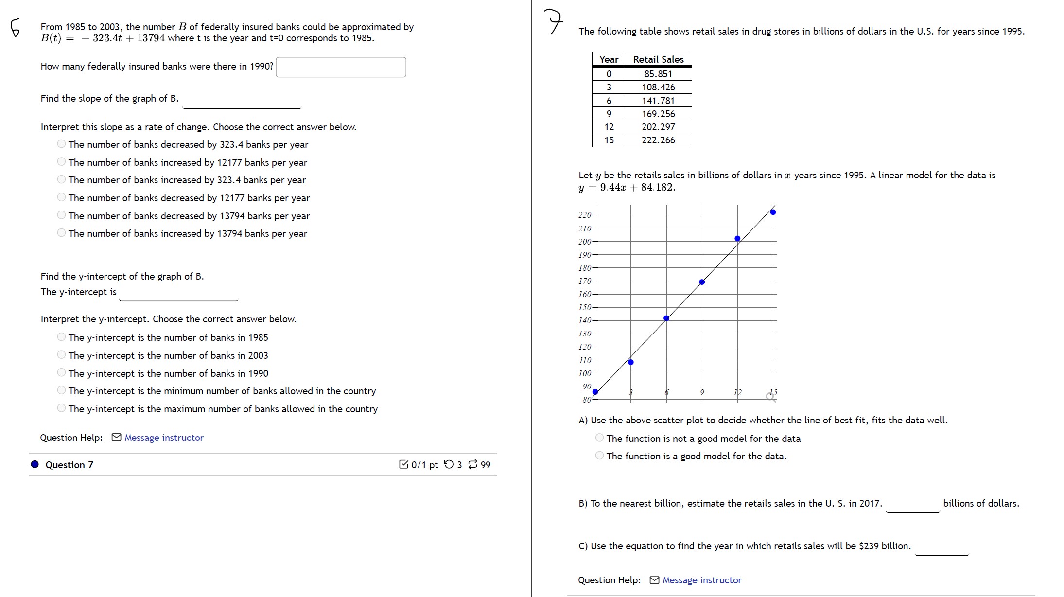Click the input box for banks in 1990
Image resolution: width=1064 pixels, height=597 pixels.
coord(341,67)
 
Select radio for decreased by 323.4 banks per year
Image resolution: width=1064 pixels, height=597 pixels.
coord(61,144)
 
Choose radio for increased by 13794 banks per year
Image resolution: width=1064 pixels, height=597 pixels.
coord(61,233)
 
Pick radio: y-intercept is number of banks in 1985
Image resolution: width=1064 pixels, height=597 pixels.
coord(61,337)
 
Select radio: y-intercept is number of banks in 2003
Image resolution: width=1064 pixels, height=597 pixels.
coord(61,355)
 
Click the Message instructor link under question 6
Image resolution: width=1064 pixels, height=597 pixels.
coord(163,438)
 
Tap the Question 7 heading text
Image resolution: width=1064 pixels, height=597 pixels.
coord(69,465)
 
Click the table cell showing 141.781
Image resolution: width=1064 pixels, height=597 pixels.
coord(658,101)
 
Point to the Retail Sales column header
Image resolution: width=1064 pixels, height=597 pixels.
coord(658,59)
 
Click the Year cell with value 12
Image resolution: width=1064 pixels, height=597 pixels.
coord(609,127)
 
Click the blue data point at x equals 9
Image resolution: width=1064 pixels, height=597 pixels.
coord(702,282)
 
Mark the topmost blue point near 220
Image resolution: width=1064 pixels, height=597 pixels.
coord(773,212)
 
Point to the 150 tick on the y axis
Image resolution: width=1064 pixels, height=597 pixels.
coord(585,307)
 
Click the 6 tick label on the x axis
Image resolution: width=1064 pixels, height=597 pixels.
coord(666,392)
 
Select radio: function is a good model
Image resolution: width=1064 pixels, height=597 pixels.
coord(599,456)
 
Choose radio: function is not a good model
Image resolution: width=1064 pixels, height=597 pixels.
coord(599,438)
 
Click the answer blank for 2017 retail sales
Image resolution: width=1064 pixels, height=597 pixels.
coord(912,504)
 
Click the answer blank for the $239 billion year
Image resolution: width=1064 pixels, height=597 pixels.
coord(942,547)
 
